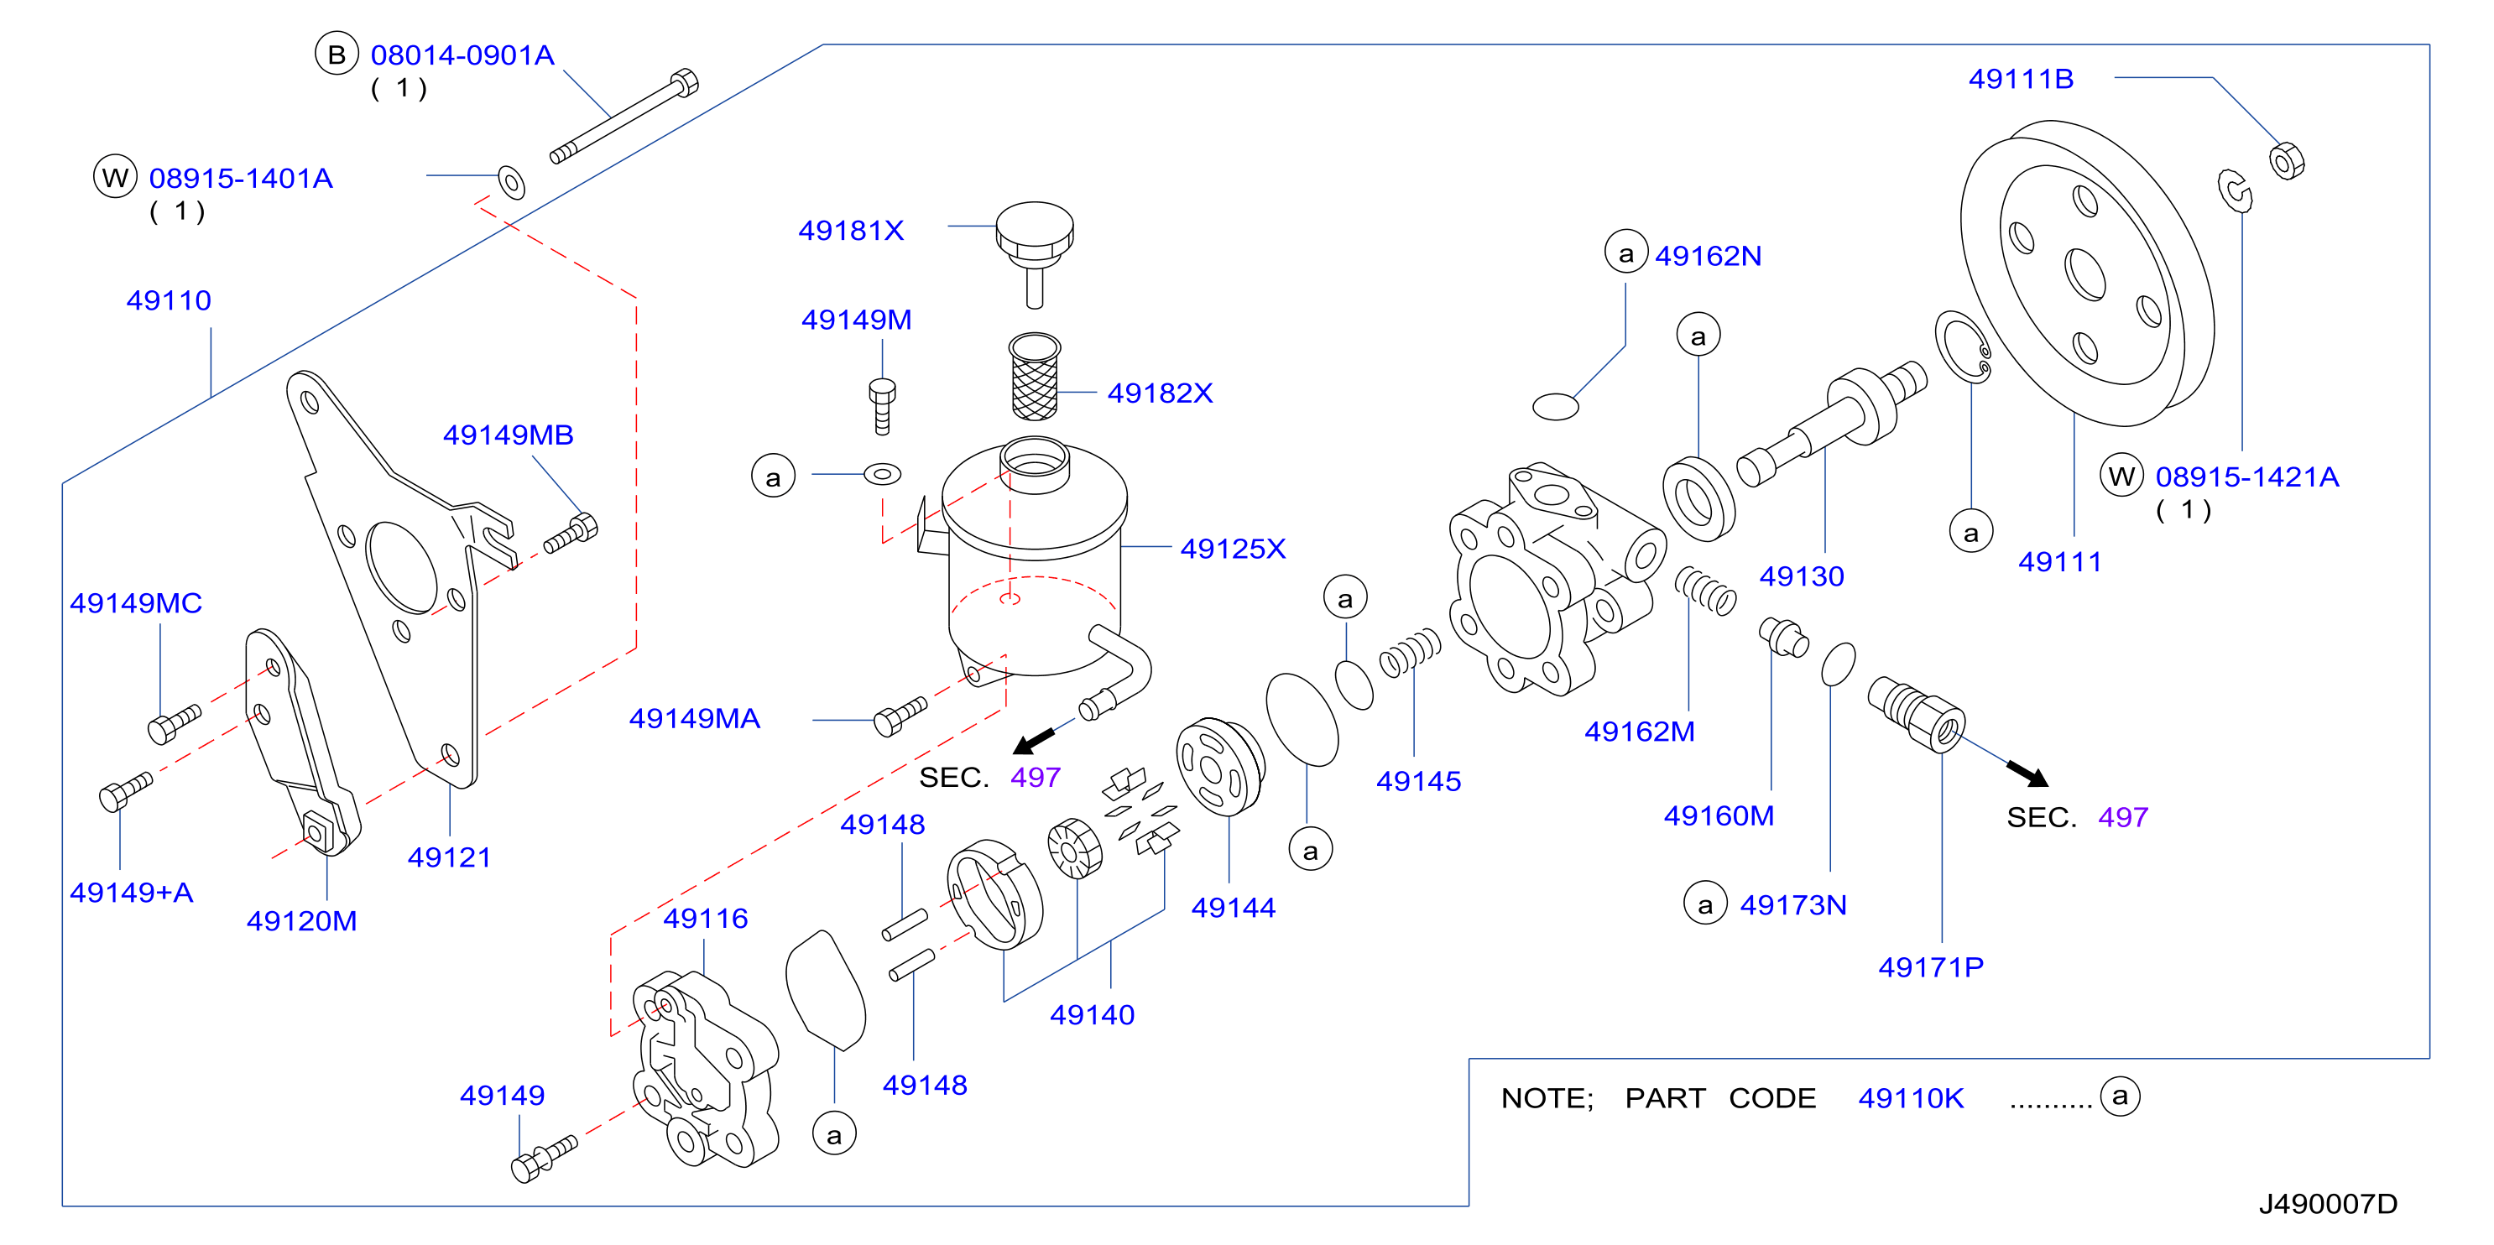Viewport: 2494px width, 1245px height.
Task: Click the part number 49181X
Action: click(851, 231)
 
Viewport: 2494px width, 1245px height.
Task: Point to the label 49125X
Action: click(1233, 549)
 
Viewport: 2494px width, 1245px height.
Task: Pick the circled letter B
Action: click(337, 55)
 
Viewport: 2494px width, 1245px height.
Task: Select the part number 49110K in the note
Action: click(1910, 1098)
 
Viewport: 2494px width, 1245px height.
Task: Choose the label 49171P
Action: click(1931, 966)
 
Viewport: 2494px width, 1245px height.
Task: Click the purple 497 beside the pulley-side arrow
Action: click(2123, 817)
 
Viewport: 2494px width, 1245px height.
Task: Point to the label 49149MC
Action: click(136, 603)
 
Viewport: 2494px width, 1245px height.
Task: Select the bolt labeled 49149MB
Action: click(571, 534)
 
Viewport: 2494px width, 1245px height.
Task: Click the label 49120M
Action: click(301, 920)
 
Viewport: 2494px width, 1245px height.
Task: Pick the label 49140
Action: click(1092, 1014)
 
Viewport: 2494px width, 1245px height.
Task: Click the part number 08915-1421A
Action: click(2247, 477)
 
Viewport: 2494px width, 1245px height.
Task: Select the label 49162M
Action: click(1639, 731)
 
